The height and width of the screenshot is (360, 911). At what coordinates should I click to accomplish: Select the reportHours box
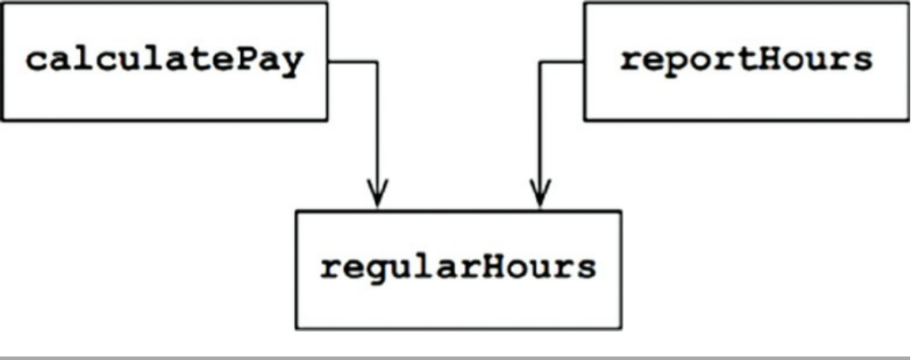tap(745, 60)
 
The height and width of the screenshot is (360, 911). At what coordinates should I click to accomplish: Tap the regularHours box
tap(458, 268)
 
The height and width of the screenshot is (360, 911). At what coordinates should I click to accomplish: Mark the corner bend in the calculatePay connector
tap(378, 61)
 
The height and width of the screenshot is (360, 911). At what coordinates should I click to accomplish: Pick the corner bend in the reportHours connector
tap(540, 61)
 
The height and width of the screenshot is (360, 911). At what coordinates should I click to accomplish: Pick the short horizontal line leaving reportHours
tap(562, 61)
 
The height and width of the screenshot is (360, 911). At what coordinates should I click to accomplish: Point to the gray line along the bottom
tap(455, 356)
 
